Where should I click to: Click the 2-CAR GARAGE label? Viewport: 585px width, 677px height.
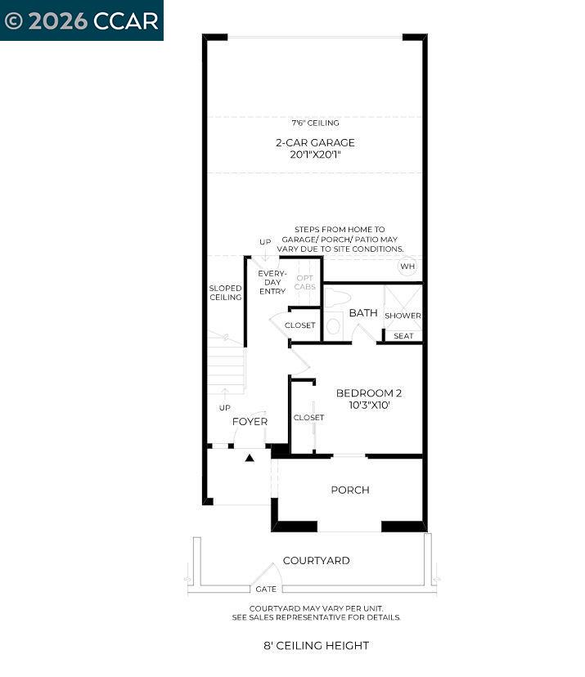pos(315,142)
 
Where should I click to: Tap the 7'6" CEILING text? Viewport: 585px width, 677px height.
pos(315,123)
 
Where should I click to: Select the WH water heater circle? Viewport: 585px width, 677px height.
pos(407,267)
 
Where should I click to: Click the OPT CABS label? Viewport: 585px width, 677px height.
pos(304,282)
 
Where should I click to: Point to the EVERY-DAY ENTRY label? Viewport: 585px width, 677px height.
pos(271,282)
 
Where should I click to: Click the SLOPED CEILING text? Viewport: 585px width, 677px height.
pos(225,293)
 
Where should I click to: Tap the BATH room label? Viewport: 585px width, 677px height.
pos(362,313)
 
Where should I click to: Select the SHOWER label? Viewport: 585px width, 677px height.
pos(403,316)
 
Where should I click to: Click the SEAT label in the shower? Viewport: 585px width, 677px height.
pos(403,336)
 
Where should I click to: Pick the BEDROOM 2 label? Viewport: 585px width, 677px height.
pos(368,392)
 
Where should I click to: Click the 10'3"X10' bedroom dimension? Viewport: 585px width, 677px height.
pos(368,405)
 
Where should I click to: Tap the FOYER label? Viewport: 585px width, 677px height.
pos(250,422)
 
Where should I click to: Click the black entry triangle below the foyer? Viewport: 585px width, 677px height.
pos(250,458)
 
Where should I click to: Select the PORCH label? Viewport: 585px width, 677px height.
pos(349,490)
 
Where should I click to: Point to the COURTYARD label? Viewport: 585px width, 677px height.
pos(316,561)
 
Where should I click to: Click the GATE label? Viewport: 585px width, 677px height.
pos(266,589)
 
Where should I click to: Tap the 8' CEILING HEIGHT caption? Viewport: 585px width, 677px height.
pos(316,645)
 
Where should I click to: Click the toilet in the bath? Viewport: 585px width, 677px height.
pos(335,323)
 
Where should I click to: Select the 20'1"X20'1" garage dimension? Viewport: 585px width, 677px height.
pos(315,155)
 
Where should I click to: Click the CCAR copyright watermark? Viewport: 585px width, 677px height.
pos(81,20)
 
